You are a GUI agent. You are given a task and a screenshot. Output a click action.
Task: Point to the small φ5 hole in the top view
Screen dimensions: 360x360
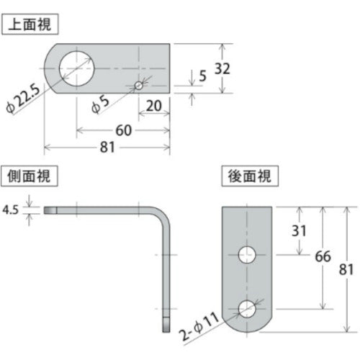coord(139,86)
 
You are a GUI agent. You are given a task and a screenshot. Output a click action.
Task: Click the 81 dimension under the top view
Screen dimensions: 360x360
coord(107,148)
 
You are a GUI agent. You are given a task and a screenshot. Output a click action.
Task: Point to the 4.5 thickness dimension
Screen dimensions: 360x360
coord(12,211)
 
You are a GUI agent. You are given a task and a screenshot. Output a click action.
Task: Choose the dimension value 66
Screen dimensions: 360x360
coord(323,256)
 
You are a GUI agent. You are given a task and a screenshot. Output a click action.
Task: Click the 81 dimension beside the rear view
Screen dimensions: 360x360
coord(346,269)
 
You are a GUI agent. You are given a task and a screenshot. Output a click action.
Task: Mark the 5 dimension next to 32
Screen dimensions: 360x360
coord(203,74)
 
